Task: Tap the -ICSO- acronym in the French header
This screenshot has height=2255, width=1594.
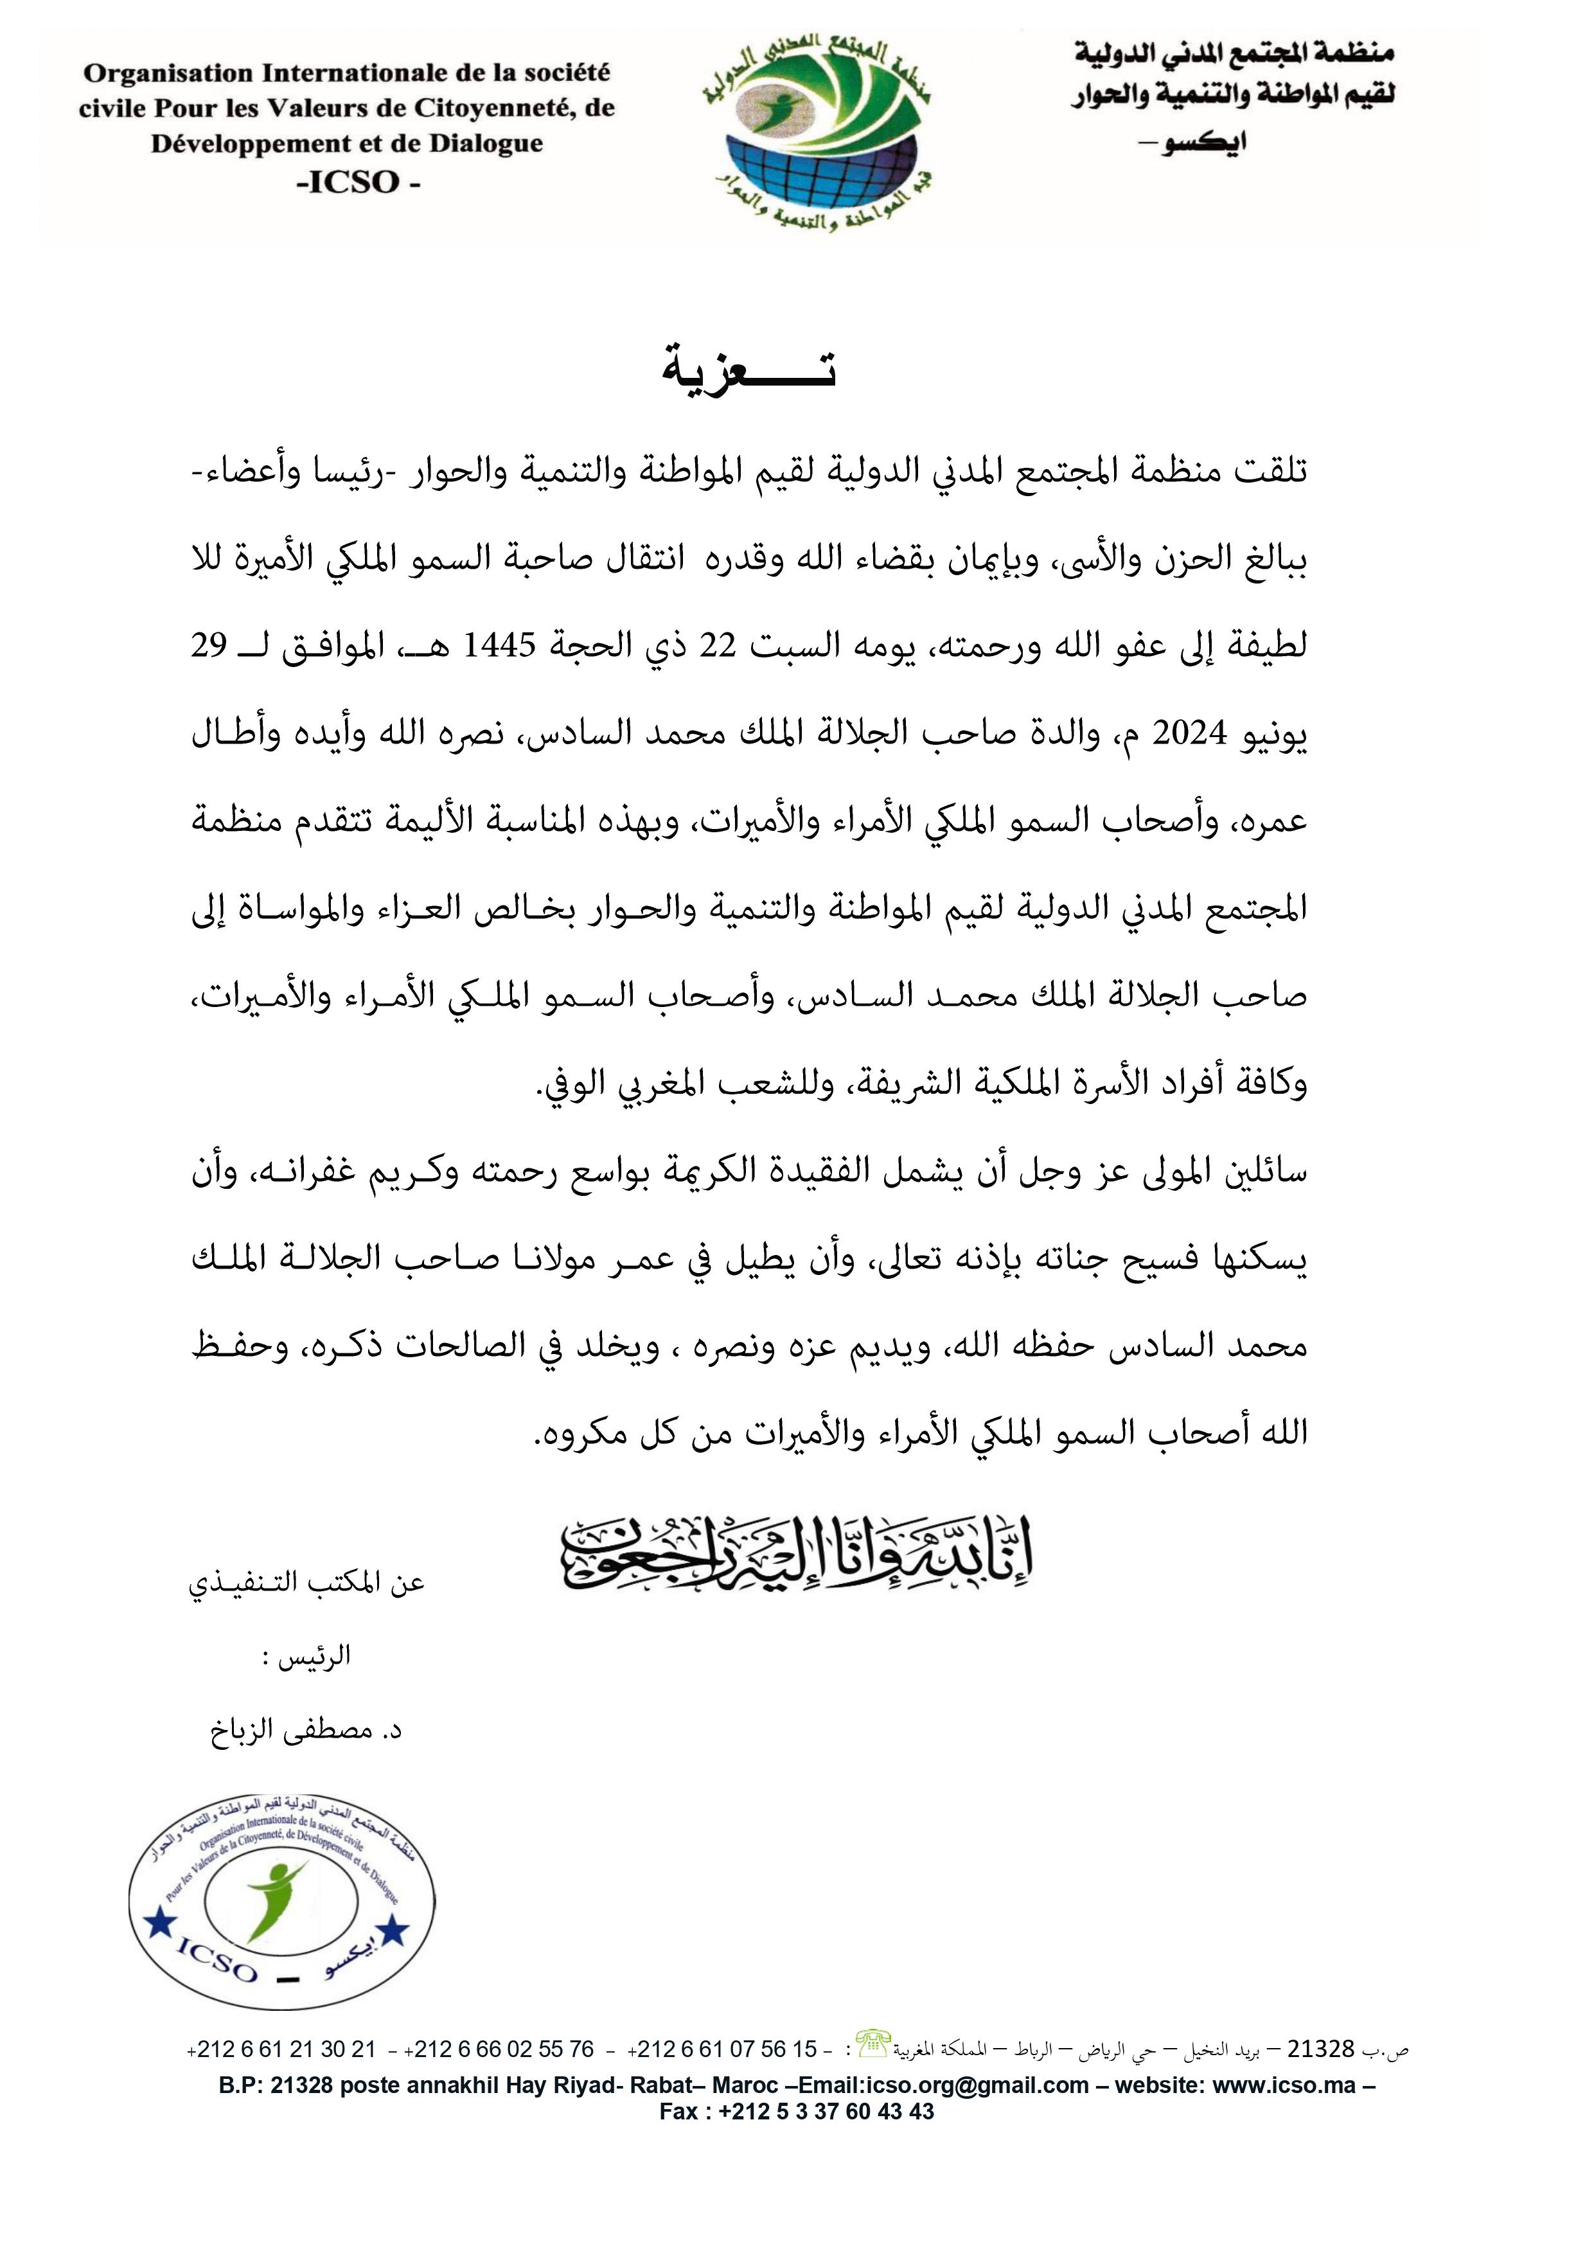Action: tap(359, 183)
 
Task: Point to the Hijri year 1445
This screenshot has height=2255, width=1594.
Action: tap(499, 645)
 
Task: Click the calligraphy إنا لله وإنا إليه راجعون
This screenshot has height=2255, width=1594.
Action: tap(795, 1555)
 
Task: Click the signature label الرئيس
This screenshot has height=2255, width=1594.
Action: tap(314, 1657)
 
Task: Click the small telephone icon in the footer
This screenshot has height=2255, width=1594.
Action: tap(872, 2043)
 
